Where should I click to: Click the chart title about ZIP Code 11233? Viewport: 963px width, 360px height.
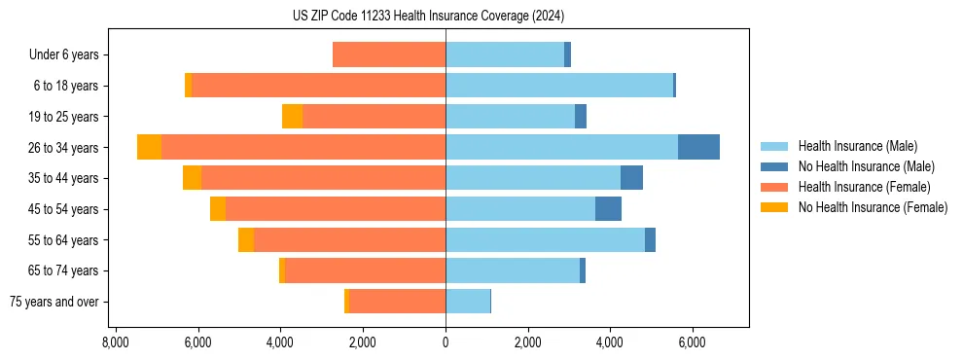428,16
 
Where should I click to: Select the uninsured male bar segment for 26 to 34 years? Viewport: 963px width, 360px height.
698,147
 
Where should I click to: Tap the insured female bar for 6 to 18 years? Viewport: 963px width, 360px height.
318,86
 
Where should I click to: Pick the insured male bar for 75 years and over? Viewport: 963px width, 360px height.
468,302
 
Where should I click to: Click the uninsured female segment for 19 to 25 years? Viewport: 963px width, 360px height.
292,117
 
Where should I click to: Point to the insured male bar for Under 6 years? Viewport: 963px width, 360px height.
505,54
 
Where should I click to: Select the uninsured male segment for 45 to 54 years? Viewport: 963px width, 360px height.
608,209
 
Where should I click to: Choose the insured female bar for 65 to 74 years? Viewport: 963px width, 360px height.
365,270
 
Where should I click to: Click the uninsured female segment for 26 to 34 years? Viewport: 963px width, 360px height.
149,147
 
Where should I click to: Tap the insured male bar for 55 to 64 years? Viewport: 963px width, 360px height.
545,240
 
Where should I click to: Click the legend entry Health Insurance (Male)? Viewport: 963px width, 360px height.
857,146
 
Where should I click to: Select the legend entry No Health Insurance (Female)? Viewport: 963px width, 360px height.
873,207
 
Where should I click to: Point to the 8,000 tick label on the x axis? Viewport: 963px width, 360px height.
115,342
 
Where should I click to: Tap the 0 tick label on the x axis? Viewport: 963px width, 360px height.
446,342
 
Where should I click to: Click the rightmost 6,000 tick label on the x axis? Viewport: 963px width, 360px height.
692,342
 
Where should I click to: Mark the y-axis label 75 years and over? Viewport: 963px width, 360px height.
53,302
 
